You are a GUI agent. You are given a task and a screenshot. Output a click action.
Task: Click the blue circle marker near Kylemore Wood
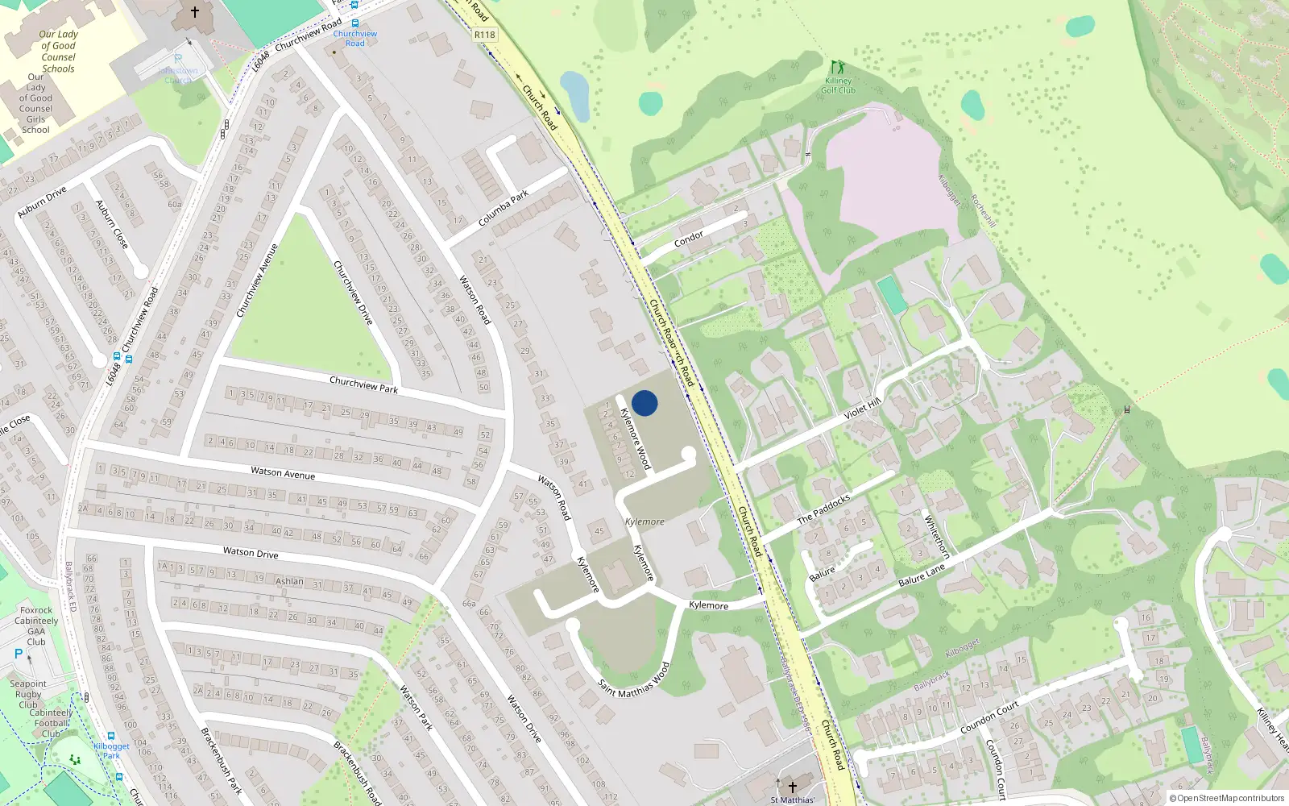tap(644, 403)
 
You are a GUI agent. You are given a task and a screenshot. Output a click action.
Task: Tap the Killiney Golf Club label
tap(838, 85)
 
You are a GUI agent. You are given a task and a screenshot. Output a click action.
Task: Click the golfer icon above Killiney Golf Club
tap(838, 67)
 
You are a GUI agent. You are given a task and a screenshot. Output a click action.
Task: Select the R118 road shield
tap(485, 35)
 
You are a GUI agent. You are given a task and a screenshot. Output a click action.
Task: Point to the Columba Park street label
tap(504, 208)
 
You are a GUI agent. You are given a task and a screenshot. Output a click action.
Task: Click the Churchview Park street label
tap(363, 384)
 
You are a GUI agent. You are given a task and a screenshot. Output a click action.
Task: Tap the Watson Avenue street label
tap(283, 473)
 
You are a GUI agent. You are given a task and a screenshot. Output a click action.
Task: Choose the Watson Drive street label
tap(251, 553)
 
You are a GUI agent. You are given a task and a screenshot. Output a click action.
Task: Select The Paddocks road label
tap(823, 509)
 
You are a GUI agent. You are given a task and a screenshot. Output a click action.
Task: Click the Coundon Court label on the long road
tap(989, 717)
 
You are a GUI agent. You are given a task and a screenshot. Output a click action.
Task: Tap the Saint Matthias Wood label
tap(634, 681)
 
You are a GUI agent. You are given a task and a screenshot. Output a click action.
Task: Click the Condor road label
tap(689, 239)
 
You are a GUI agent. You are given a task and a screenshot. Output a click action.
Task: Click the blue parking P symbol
tap(19, 654)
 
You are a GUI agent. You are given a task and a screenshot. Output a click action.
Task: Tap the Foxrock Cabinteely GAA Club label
tap(36, 626)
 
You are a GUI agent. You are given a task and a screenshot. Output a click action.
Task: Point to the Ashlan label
tap(289, 581)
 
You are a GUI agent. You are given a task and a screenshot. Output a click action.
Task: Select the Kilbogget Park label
tap(111, 750)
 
